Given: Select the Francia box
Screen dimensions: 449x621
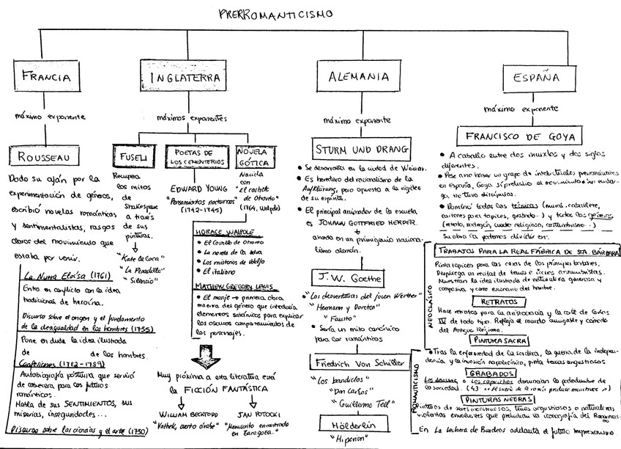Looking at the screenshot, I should click(x=45, y=76).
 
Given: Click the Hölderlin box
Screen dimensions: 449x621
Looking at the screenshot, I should click(x=349, y=424).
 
